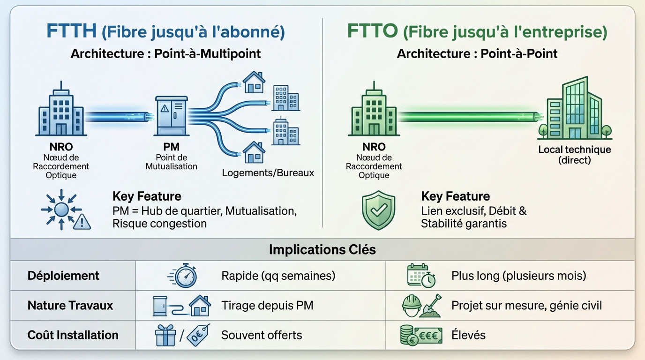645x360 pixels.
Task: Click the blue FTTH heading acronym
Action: (x=71, y=31)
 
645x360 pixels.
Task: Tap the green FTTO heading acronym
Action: (x=372, y=31)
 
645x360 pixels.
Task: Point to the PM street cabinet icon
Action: (x=171, y=120)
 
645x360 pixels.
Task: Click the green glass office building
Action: (x=576, y=110)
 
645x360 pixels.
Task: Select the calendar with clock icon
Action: (x=420, y=276)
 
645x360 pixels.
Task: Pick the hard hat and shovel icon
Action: (x=420, y=306)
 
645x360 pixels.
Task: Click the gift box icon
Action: (x=165, y=335)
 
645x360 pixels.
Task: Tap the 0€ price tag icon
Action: (x=198, y=335)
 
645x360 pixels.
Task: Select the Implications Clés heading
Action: (x=322, y=249)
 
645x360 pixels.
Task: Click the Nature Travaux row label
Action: (x=70, y=306)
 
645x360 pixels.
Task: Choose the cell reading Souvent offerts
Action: (x=262, y=335)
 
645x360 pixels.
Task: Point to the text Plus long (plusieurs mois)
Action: (x=518, y=276)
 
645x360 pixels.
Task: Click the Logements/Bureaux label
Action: (x=268, y=173)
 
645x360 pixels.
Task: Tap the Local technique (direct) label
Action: (x=574, y=155)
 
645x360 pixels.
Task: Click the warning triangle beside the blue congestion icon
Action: (x=82, y=221)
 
